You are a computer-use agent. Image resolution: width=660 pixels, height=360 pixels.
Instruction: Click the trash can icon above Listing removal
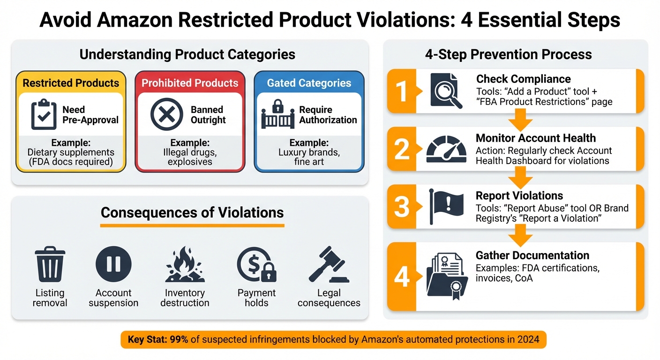coord(50,265)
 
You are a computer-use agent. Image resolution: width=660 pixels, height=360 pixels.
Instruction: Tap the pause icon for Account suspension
coord(113,264)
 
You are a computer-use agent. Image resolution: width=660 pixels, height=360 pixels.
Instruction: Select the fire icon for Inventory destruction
coord(185,265)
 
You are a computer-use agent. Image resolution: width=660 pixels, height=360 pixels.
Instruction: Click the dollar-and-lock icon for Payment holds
coord(256,265)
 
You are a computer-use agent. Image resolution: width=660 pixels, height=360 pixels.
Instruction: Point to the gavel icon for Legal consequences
coord(329,265)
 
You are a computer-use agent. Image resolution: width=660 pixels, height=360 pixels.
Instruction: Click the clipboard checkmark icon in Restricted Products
coord(44,114)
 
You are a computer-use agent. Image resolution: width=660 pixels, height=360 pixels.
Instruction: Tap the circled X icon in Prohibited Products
coord(167,114)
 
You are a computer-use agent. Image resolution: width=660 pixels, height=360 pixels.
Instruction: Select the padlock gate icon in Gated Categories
coord(278,114)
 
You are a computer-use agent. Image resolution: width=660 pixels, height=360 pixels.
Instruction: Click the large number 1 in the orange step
coord(402,91)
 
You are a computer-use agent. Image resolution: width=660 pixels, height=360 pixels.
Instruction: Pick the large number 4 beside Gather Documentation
coord(402,277)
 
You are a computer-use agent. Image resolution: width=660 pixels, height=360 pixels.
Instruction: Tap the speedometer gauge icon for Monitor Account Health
coord(446,150)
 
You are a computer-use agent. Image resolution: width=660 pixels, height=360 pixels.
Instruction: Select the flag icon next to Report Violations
coord(445,206)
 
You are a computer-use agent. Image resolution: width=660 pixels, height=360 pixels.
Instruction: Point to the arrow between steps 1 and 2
coord(520,121)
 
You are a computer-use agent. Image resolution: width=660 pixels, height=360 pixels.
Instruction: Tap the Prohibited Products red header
coord(190,83)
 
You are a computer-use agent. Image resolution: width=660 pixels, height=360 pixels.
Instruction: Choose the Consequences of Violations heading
coord(192,212)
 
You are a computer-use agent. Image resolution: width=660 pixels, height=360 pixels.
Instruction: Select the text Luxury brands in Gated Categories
coord(309,152)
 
